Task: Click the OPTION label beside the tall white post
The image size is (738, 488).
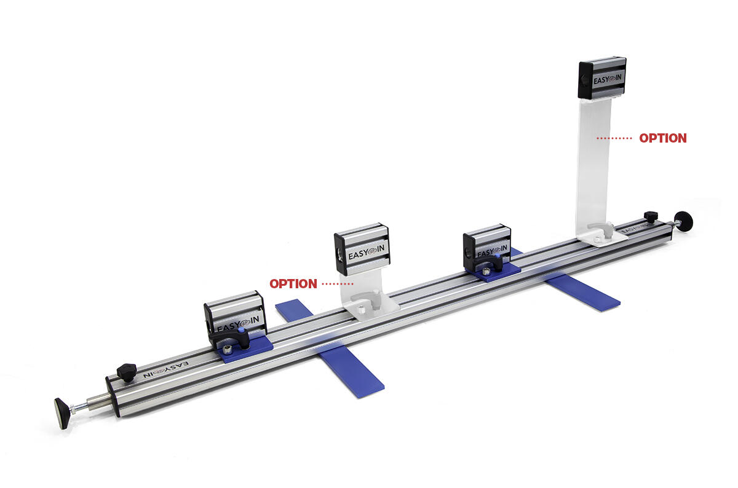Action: coord(662,138)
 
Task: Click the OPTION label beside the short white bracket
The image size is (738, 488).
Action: coord(293,283)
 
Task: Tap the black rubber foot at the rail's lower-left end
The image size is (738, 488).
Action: coord(61,413)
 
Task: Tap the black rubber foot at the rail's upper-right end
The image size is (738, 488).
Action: coord(684,221)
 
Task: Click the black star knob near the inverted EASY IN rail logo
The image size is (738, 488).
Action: coord(127,372)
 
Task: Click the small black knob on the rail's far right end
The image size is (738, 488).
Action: coord(651,217)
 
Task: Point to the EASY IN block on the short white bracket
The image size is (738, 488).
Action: coord(362,249)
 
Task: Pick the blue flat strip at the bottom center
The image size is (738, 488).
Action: coord(351,369)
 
